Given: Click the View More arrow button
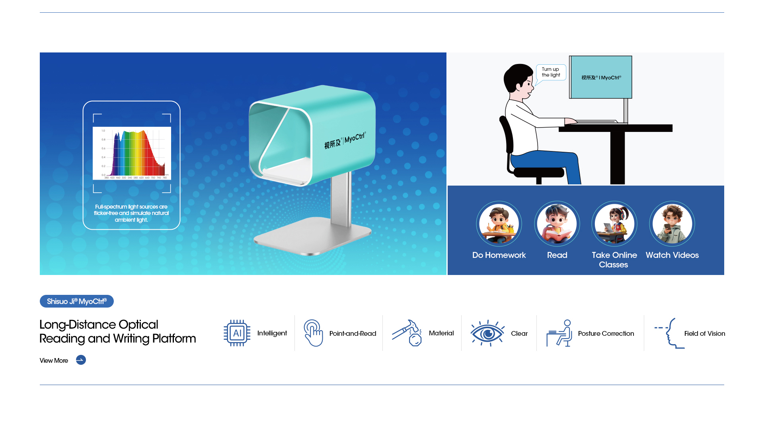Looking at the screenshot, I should click(x=81, y=360).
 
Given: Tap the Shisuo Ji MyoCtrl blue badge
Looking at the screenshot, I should click(x=77, y=301).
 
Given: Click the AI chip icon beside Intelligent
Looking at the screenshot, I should click(x=237, y=333).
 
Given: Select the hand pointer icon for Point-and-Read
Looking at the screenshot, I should click(x=314, y=333).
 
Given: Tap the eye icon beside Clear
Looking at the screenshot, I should click(x=487, y=333).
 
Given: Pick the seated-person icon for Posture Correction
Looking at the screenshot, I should click(x=559, y=333).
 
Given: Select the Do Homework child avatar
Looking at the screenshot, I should click(x=499, y=224).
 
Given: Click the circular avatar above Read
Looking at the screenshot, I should click(x=557, y=224).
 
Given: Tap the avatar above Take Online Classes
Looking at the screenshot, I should click(x=614, y=224).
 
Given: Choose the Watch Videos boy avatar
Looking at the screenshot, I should click(x=672, y=224).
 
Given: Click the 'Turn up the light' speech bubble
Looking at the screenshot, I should click(x=551, y=72).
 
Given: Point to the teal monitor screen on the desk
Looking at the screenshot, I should click(x=601, y=77).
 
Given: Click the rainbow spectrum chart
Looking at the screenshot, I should click(x=132, y=153).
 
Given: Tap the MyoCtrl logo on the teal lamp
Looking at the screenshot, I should click(x=345, y=140).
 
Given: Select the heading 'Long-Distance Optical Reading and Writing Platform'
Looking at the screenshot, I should click(x=118, y=331).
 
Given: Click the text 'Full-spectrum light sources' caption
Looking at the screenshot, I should click(x=131, y=213).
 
